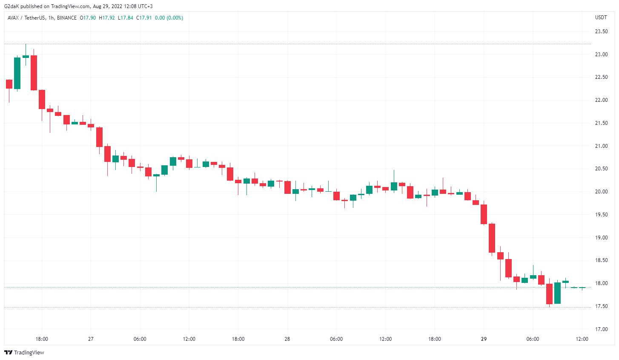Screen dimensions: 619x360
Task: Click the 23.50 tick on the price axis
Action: [601, 32]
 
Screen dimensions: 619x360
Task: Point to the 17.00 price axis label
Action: [601, 329]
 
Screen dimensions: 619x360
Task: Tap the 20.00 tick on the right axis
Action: [601, 192]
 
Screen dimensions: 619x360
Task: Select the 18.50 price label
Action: [601, 260]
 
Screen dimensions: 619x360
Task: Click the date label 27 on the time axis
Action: [91, 339]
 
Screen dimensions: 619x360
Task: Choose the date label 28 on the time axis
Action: [287, 339]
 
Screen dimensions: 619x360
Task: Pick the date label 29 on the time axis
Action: [484, 339]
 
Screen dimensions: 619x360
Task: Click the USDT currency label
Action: [601, 17]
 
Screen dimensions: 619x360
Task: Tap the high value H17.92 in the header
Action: [107, 18]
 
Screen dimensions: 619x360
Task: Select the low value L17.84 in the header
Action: [126, 18]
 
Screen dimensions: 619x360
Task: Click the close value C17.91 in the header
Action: [144, 18]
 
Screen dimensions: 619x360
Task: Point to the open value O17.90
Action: [88, 18]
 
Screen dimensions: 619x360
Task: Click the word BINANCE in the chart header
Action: [66, 18]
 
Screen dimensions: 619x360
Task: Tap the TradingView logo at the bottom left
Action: [24, 352]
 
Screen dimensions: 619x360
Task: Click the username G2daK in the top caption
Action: [11, 6]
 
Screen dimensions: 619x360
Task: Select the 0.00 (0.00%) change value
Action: [169, 18]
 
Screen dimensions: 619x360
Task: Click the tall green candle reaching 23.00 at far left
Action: [17, 73]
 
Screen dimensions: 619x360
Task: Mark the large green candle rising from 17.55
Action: [557, 293]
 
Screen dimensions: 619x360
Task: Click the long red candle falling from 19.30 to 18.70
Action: [492, 238]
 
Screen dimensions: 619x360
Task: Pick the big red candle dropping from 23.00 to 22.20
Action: [34, 73]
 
